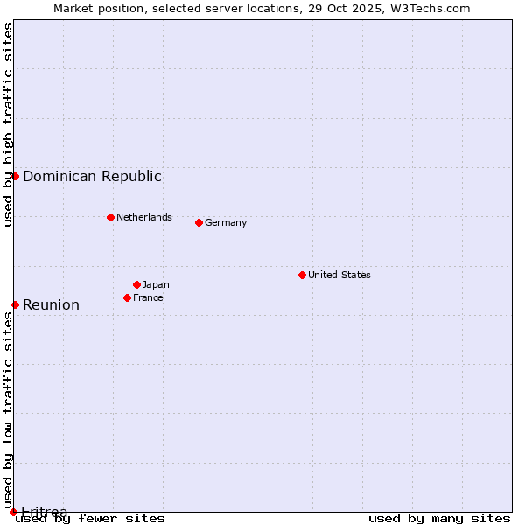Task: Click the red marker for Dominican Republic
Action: click(15, 176)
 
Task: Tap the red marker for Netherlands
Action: click(110, 217)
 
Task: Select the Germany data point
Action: click(199, 222)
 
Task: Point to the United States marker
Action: click(302, 275)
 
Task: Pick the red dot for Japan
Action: click(136, 284)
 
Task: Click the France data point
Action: click(127, 297)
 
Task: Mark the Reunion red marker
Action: click(15, 304)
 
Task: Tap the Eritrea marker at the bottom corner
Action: click(13, 512)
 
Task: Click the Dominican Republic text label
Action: click(92, 176)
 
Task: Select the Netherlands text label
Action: click(144, 217)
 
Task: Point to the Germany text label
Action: click(226, 222)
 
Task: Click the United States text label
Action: click(339, 275)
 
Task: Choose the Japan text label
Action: click(156, 284)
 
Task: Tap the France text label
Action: click(148, 297)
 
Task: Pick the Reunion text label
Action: click(51, 304)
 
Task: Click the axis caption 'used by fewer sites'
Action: click(91, 518)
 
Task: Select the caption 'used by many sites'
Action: click(439, 518)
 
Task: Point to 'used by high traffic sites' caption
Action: click(8, 124)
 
